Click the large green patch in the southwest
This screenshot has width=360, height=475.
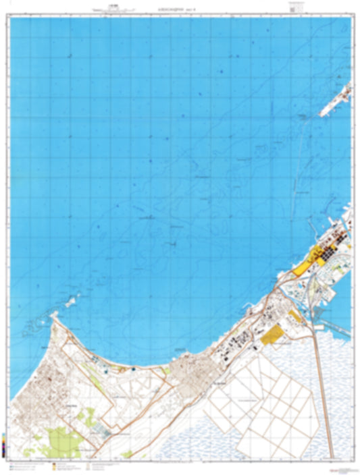click(64, 442)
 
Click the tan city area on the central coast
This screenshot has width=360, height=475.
click(182, 370)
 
